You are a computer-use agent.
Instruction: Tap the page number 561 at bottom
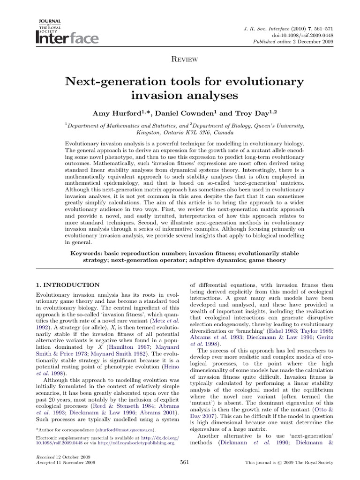pos(184,462)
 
